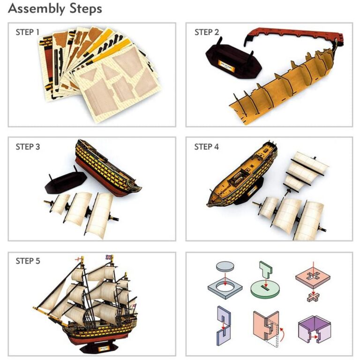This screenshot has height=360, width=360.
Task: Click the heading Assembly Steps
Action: tap(55, 9)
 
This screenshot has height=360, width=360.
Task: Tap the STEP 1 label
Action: tap(28, 32)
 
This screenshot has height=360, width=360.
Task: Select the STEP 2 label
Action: tap(207, 32)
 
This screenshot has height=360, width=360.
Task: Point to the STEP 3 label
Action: tap(28, 147)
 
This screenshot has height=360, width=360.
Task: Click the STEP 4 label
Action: tap(206, 147)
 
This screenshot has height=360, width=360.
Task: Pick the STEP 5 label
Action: tap(28, 261)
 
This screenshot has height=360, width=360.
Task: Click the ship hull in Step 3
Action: tap(107, 169)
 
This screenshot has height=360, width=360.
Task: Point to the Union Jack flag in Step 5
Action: tap(109, 257)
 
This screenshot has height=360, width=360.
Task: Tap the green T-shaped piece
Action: tap(265, 270)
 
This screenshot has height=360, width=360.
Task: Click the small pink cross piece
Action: tap(314, 297)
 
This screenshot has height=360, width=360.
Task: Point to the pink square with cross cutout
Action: tap(313, 278)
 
